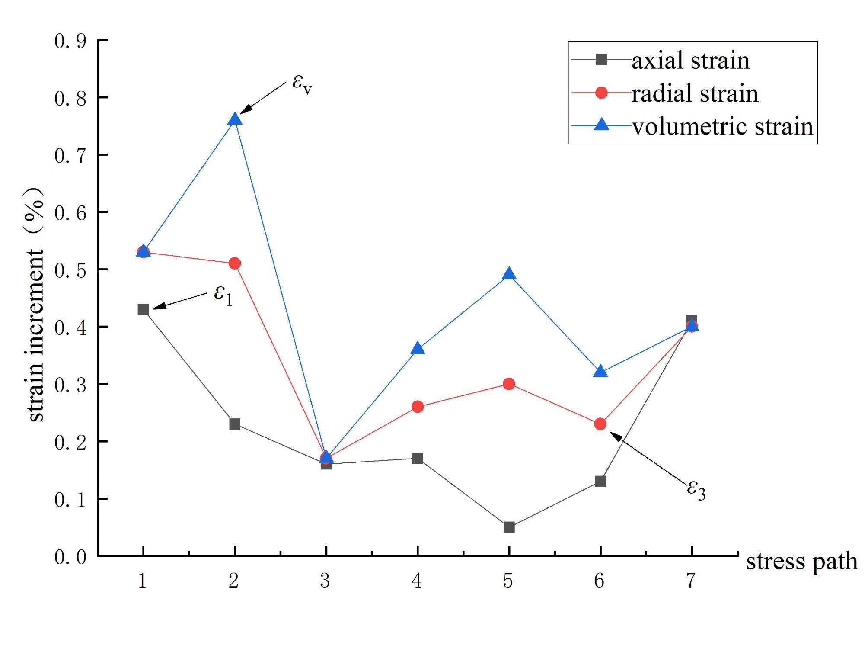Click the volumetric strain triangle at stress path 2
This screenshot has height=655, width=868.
coord(234,119)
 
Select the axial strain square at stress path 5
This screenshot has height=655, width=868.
coord(509,527)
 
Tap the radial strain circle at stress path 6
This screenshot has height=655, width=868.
coord(600,424)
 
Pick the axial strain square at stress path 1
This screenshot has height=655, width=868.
coord(143,309)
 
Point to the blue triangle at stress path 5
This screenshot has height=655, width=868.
coord(509,274)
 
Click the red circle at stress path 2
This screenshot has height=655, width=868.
coord(234,263)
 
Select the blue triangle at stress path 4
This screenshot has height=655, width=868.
coord(417,348)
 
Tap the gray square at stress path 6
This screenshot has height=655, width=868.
coord(600,481)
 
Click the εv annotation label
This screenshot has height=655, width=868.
coord(301,83)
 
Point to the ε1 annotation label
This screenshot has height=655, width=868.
coord(223,295)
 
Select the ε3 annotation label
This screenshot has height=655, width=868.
coord(696,490)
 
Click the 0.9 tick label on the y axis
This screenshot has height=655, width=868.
coord(70,41)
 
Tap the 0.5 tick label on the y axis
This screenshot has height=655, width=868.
coord(70,270)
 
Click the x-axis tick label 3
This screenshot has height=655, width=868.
coord(325,581)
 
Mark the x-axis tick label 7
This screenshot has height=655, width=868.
coord(691,581)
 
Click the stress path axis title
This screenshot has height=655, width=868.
coord(801,561)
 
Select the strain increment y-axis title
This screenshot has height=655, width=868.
coord(35,305)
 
